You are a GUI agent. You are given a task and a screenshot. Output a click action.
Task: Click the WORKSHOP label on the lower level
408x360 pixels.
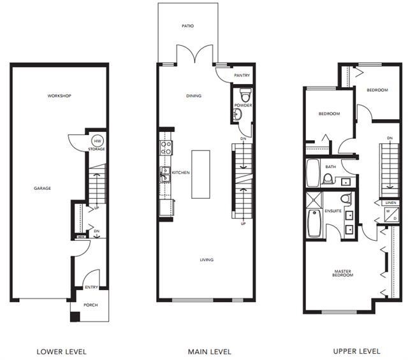[59, 96]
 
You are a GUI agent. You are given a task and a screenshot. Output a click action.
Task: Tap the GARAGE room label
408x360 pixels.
[42, 188]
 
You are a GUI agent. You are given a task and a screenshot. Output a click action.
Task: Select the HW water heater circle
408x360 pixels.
[98, 141]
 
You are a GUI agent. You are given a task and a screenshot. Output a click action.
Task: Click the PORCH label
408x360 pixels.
[91, 305]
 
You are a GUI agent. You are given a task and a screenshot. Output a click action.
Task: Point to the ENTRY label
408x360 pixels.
[91, 287]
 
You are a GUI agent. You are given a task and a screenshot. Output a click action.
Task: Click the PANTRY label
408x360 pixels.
[242, 75]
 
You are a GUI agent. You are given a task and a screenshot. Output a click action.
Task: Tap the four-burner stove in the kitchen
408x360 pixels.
[165, 148]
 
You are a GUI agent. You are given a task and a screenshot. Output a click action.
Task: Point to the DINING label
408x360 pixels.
[194, 96]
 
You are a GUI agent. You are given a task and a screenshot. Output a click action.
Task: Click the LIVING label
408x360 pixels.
[206, 259]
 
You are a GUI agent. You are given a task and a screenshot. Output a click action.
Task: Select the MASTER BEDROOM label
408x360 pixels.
[342, 273]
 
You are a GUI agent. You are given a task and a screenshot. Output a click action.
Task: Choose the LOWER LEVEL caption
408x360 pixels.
[61, 351]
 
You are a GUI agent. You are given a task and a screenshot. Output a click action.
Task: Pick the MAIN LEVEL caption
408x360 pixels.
[209, 351]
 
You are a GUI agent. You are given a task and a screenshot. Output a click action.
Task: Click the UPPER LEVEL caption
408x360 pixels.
[357, 351]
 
